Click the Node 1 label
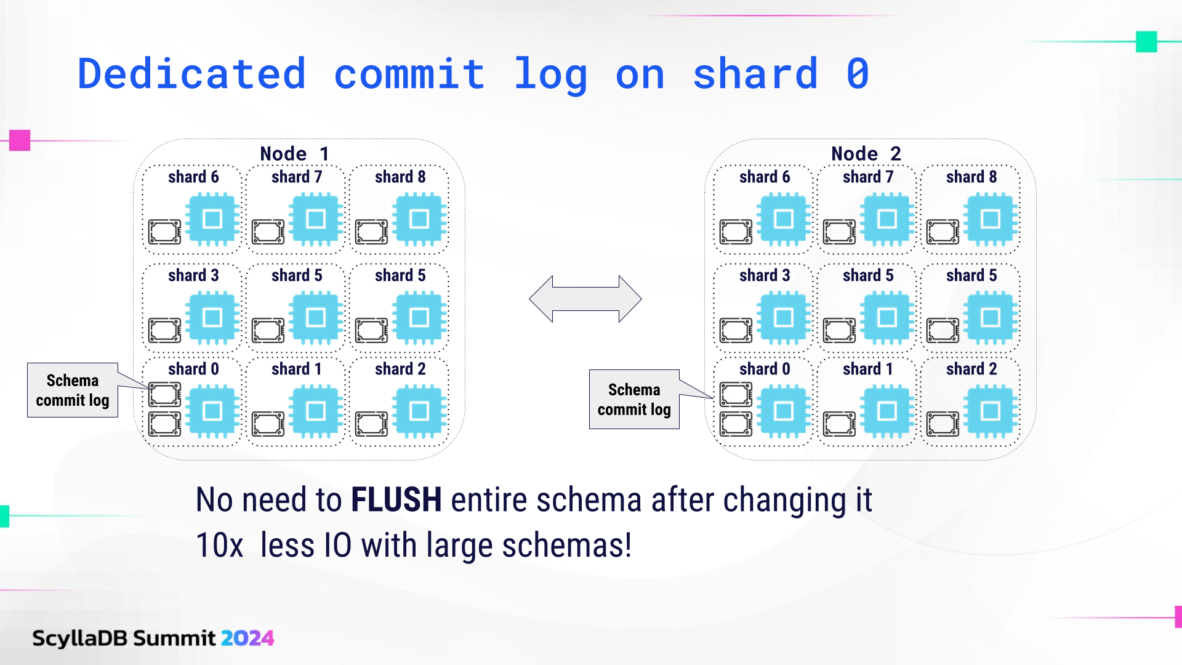(294, 153)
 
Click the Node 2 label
(866, 153)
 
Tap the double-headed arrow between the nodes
(585, 299)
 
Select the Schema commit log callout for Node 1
(73, 390)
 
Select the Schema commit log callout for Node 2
(634, 400)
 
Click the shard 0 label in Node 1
(193, 369)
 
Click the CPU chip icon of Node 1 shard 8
(419, 219)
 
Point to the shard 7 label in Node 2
(868, 177)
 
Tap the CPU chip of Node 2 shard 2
(990, 411)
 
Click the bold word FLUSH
(396, 499)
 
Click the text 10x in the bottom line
(219, 546)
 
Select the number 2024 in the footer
(247, 638)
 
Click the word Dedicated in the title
(191, 74)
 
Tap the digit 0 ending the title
(858, 74)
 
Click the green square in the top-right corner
(1146, 42)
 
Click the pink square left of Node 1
(20, 140)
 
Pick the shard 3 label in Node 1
(193, 275)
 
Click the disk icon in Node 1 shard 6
(164, 232)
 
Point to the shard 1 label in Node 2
(868, 369)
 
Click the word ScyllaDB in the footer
(80, 638)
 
